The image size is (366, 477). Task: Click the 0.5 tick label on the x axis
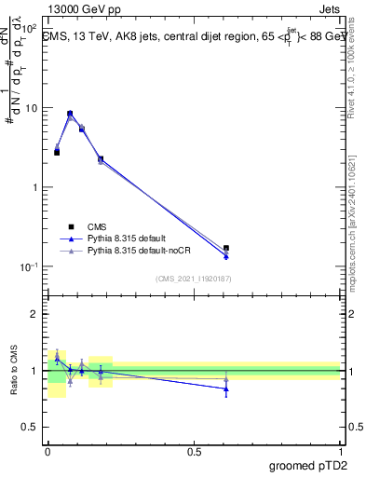click(x=194, y=451)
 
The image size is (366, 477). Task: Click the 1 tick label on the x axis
click(x=340, y=451)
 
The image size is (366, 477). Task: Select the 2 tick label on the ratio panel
click(x=37, y=314)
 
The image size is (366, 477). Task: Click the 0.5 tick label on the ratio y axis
click(x=33, y=429)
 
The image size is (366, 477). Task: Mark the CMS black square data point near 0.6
click(x=226, y=249)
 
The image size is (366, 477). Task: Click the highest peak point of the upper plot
click(x=70, y=114)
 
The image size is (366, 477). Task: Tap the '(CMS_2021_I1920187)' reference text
click(x=194, y=278)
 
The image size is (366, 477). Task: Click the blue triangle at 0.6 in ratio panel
click(x=226, y=389)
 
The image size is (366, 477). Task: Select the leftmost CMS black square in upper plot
click(x=57, y=152)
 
